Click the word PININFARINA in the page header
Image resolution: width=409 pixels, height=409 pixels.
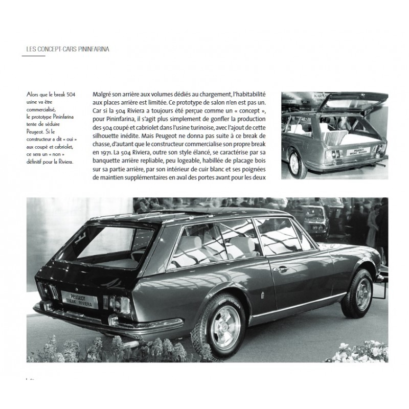[95, 49]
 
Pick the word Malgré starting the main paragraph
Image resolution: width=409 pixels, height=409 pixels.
[105, 95]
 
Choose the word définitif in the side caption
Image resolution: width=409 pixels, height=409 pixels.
[36, 162]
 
